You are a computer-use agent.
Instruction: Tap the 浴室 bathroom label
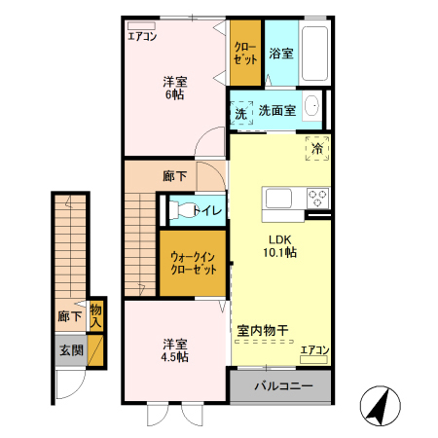pyautogui.click(x=281, y=54)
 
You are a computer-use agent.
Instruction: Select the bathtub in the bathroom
pyautogui.click(x=315, y=54)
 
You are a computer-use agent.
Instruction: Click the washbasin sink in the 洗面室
pyautogui.click(x=312, y=107)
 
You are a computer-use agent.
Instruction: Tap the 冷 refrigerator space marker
pyautogui.click(x=317, y=148)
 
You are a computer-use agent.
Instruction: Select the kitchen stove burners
pyautogui.click(x=317, y=199)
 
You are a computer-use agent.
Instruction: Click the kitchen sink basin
pyautogui.click(x=278, y=200)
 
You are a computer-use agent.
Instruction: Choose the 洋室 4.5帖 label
pyautogui.click(x=175, y=350)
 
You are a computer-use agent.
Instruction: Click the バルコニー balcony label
pyautogui.click(x=283, y=386)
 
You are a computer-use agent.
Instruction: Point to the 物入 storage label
pyautogui.click(x=95, y=315)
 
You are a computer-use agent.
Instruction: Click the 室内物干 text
pyautogui.click(x=263, y=331)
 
